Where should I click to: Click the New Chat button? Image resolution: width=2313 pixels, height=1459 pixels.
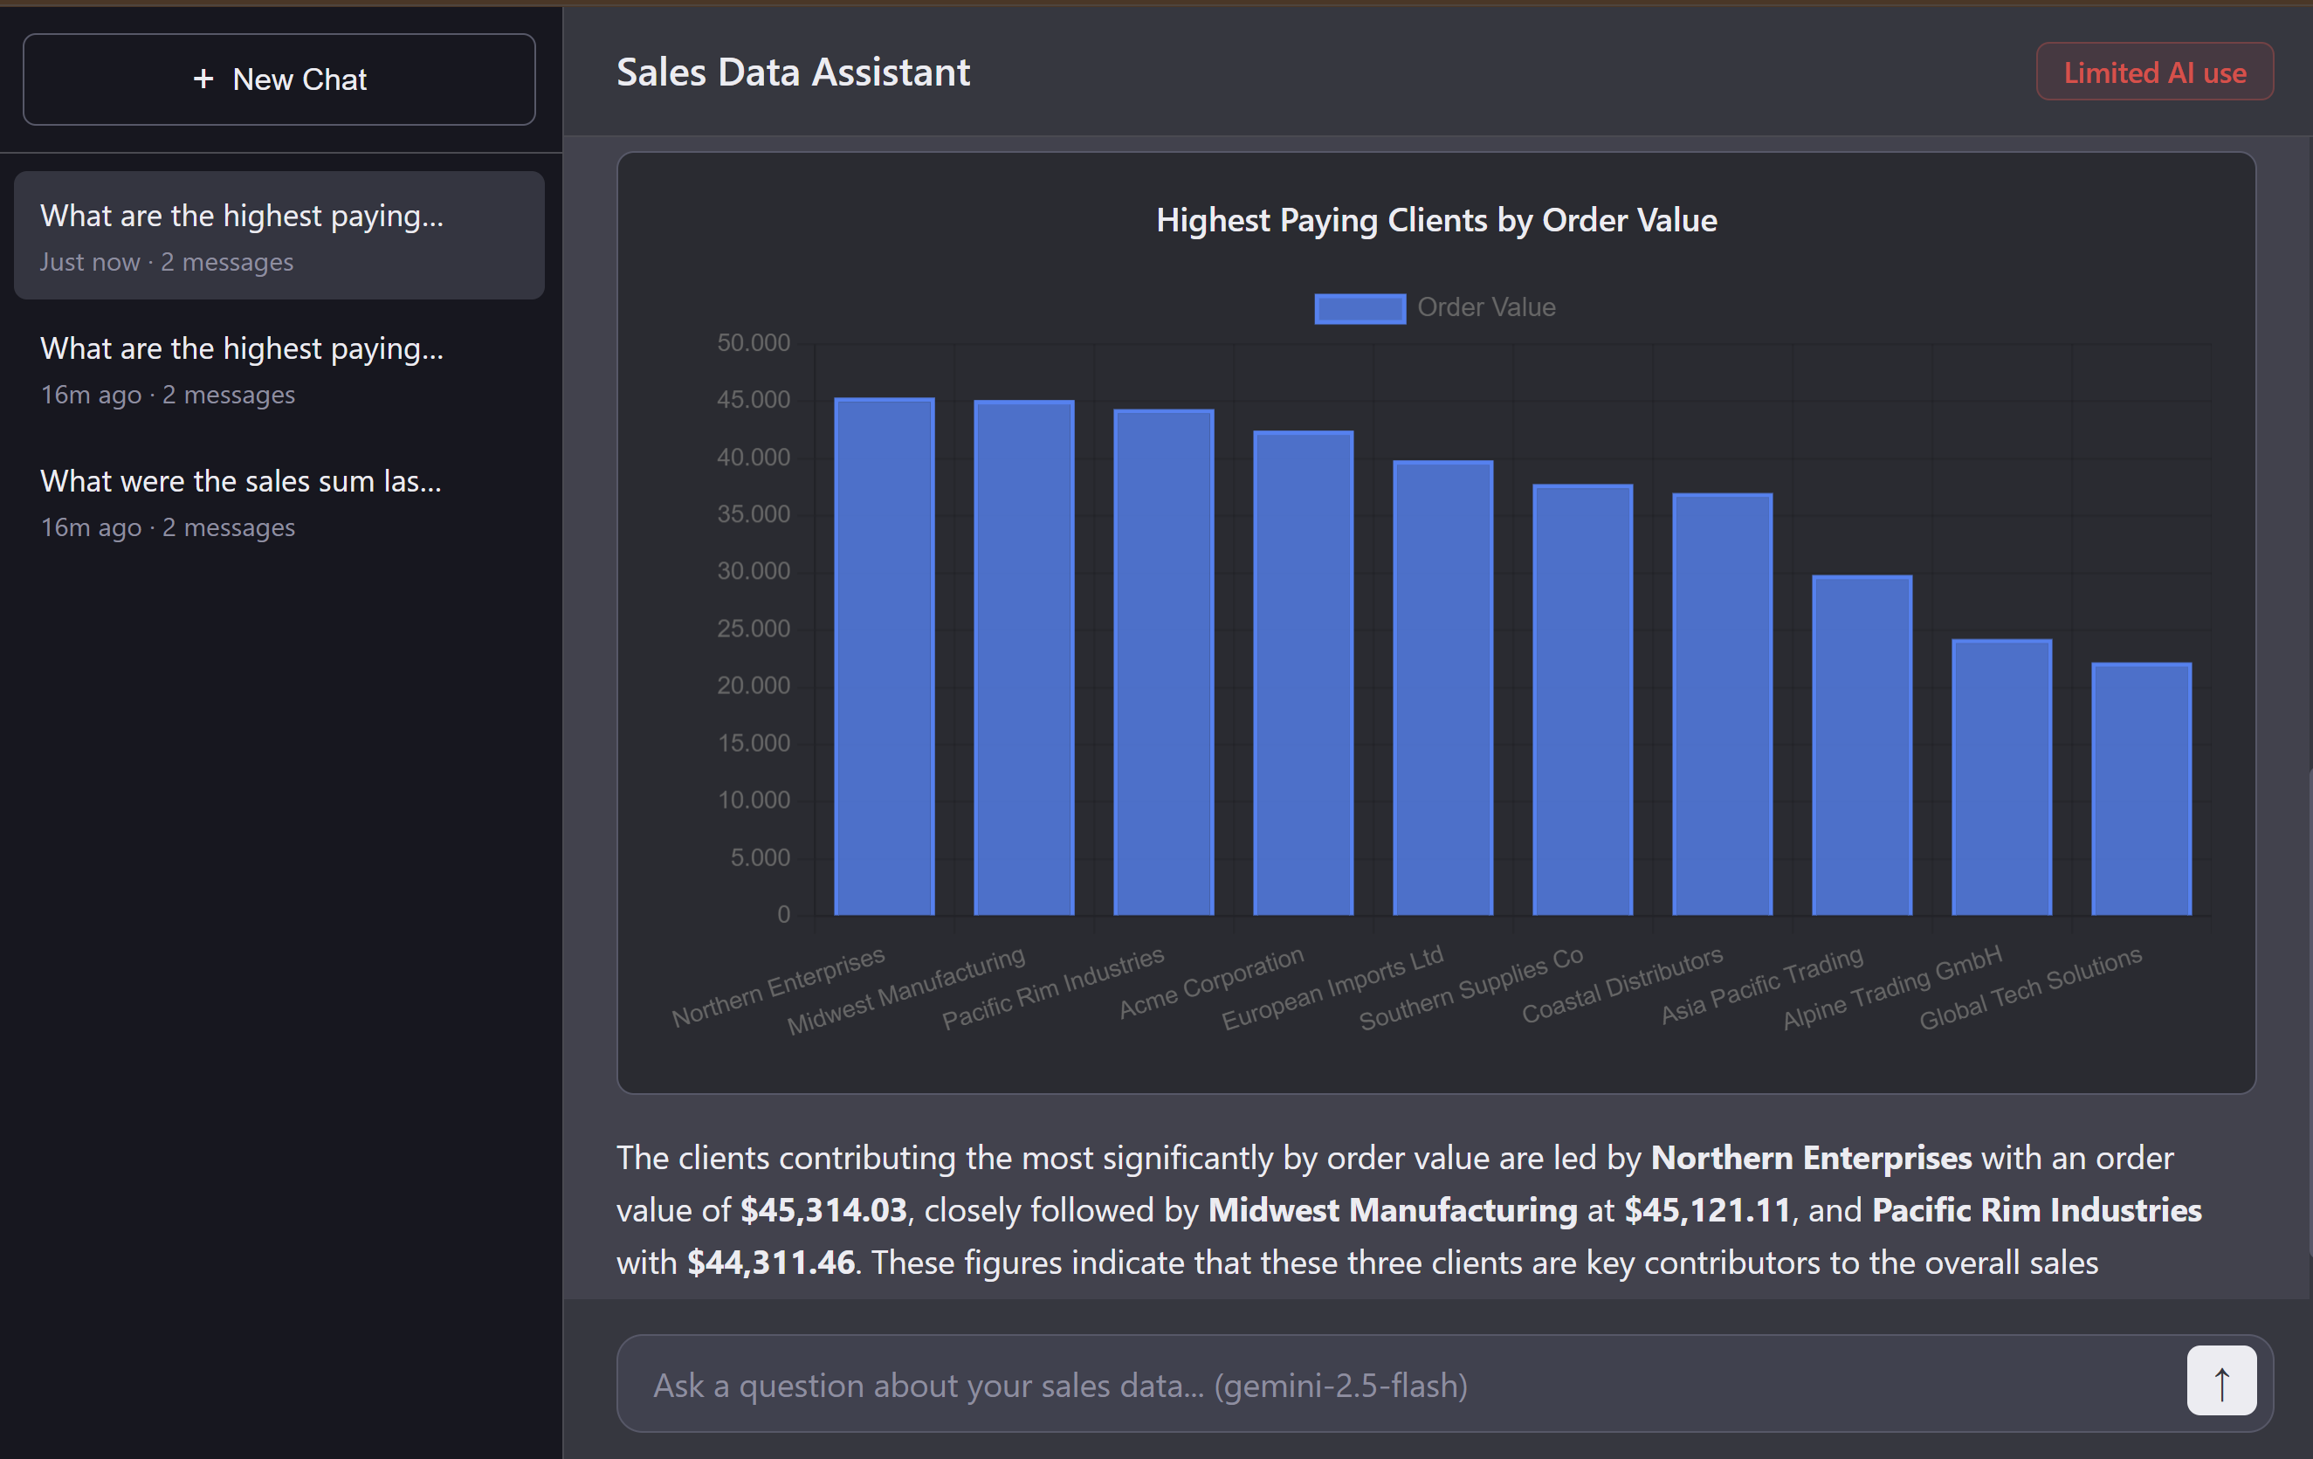tap(279, 79)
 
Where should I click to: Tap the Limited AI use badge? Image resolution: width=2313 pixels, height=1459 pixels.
tap(2153, 73)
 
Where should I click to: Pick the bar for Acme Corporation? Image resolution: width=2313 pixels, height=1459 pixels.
tap(1303, 672)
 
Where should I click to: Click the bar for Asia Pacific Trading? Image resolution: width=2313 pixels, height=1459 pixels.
tap(1861, 746)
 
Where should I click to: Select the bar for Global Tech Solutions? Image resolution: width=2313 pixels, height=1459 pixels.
tap(2140, 788)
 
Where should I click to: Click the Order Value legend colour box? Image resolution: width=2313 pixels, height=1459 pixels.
tap(1360, 308)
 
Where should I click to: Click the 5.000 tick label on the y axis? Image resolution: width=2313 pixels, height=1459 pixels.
tap(759, 857)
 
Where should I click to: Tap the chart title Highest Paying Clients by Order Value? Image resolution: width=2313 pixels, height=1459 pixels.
tap(1436, 221)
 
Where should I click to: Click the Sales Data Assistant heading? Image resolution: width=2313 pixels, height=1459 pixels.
tap(793, 73)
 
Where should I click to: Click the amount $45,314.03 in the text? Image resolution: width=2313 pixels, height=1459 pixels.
tap(823, 1210)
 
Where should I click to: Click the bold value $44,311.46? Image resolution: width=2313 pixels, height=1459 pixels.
tap(770, 1262)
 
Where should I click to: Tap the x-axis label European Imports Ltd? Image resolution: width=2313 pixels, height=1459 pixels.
tap(1332, 988)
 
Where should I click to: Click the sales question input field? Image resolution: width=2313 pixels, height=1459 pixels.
tap(1393, 1385)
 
